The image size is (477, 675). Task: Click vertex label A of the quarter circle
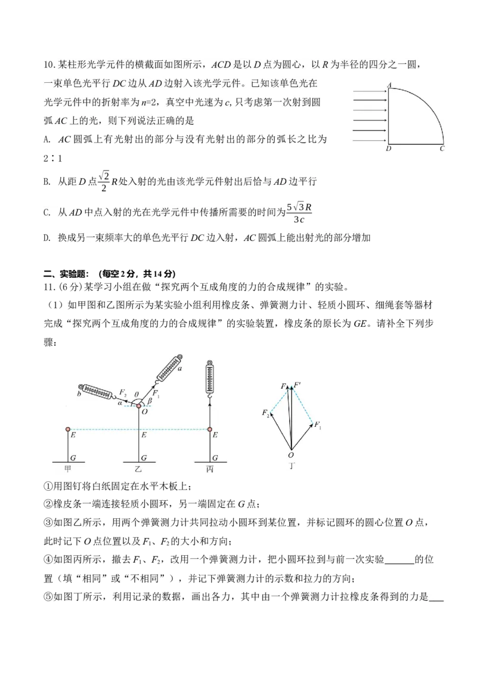(x=389, y=85)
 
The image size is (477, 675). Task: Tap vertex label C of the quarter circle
(x=442, y=148)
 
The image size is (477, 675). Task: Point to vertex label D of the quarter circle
(x=388, y=148)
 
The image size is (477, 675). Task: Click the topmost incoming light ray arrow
(x=370, y=91)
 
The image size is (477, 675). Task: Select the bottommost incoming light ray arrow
(x=370, y=141)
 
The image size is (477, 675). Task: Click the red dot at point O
(x=140, y=406)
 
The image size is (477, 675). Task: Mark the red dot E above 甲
(x=68, y=429)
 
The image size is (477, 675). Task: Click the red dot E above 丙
(x=209, y=429)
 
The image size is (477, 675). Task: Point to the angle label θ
(x=137, y=394)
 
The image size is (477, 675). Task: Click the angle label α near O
(x=120, y=403)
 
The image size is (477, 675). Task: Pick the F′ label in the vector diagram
(x=298, y=385)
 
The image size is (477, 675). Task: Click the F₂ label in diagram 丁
(x=265, y=413)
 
